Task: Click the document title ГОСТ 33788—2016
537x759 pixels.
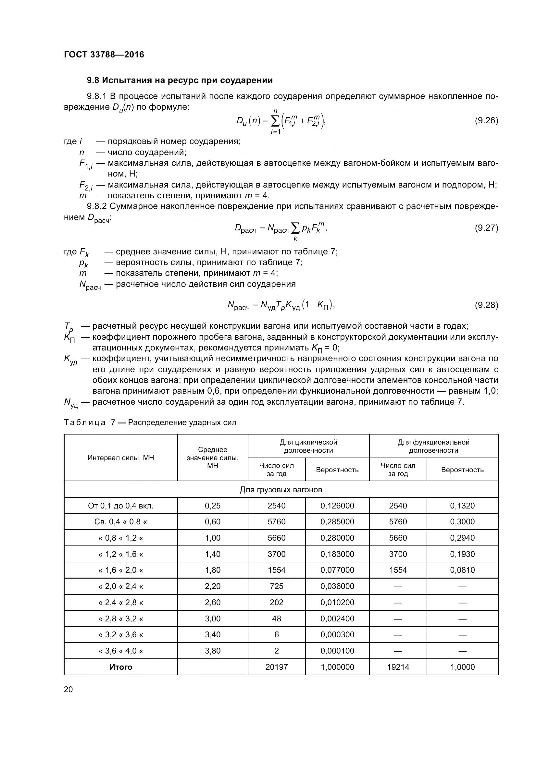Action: click(104, 55)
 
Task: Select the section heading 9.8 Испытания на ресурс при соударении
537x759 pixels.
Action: click(180, 80)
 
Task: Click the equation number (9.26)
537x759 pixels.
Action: click(486, 120)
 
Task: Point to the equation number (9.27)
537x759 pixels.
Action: click(486, 228)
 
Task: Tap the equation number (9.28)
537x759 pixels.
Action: click(486, 305)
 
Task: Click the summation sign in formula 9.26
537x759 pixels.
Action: click(275, 121)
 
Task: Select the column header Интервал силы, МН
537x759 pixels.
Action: click(121, 458)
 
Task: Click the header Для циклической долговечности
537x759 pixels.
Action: click(308, 446)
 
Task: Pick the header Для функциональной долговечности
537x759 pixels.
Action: click(433, 446)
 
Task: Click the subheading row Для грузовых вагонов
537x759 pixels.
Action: click(281, 490)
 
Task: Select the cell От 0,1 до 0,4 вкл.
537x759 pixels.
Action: click(121, 506)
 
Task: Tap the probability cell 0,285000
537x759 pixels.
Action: click(337, 522)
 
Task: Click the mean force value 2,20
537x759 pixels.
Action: click(213, 586)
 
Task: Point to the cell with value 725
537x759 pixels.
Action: click(276, 586)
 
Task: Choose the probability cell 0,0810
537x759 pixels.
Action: click(462, 570)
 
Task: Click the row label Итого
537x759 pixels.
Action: click(121, 667)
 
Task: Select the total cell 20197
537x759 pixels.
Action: click(276, 667)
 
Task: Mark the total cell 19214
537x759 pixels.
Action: click(398, 667)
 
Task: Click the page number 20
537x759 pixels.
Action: click(68, 689)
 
